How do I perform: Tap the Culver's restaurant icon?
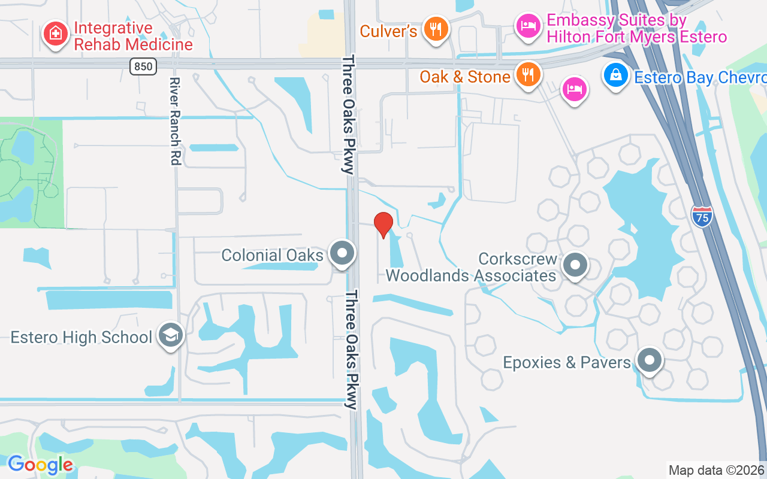tap(436, 29)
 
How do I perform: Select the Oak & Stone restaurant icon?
tap(527, 75)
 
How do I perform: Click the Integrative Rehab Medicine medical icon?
tap(55, 34)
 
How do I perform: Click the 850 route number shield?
tap(143, 66)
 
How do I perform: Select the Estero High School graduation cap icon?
tap(170, 336)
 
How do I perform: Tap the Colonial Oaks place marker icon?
tap(343, 253)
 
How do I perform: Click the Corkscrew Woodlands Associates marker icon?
tap(576, 264)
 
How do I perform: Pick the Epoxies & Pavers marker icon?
tap(649, 361)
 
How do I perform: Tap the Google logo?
tap(40, 465)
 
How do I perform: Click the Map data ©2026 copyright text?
tap(717, 470)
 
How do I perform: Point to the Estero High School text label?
tap(81, 337)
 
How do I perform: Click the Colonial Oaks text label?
tap(272, 255)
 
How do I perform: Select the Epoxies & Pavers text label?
tap(567, 362)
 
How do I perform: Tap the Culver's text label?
tap(388, 31)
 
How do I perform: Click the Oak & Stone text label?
tap(465, 77)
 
